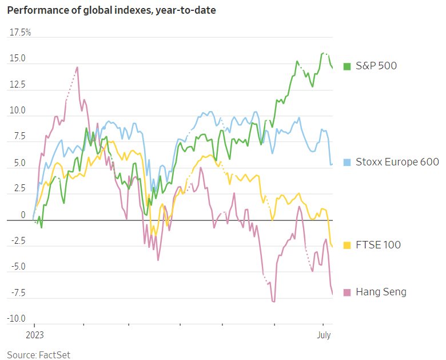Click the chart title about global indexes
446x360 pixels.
[111, 10]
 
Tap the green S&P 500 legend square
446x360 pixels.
[347, 66]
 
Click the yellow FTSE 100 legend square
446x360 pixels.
[347, 245]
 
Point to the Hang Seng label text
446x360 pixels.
[381, 292]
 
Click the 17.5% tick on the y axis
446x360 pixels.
[21, 33]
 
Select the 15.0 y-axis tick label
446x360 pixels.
[17, 58]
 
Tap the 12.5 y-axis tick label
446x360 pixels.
[17, 85]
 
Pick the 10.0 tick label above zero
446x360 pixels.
[17, 110]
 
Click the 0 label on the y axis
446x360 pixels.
[23, 215]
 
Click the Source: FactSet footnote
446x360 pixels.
[38, 355]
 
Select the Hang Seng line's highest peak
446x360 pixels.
[77, 67]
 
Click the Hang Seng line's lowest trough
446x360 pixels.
[274, 302]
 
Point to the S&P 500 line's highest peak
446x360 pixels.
[324, 53]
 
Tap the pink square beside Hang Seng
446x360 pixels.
[347, 292]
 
